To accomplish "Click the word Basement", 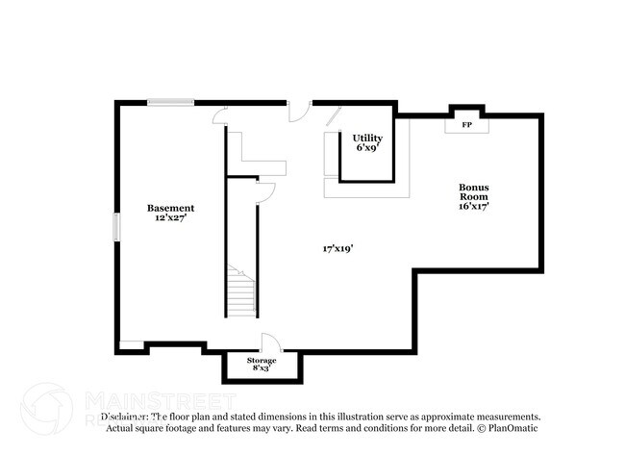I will pos(170,208).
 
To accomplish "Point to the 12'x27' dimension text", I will pos(170,218).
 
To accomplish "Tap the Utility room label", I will pos(366,139).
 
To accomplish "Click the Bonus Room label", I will pos(475,191).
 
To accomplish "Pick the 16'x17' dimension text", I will pos(475,205).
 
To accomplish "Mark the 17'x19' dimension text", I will pos(337,248).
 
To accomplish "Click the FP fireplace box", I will pos(466,126).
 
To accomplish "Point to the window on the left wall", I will pos(116,227).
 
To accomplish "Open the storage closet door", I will pos(270,343).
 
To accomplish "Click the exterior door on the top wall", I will pos(300,111).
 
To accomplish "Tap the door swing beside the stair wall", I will pos(266,191).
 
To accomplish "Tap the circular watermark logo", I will pos(46,408).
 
